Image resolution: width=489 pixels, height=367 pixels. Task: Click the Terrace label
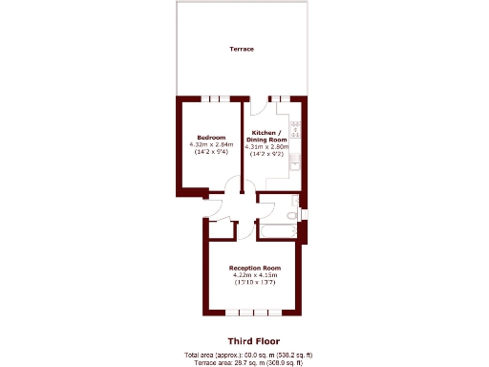pos(241,49)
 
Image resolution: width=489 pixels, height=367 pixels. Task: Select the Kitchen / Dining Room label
pos(266,136)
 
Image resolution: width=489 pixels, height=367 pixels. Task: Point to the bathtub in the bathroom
pos(283,232)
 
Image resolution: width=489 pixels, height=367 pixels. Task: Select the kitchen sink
pos(295,161)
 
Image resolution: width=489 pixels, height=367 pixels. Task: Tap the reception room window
pos(253,313)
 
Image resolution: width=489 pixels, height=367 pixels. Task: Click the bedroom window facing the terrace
pos(210,98)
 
